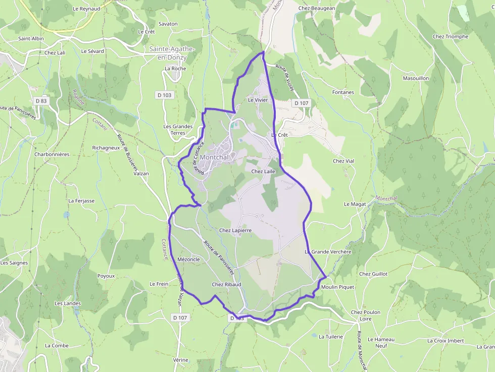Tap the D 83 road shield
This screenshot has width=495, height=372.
click(41, 101)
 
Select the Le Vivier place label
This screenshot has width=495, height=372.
click(258, 100)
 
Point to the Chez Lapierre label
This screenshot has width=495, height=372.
click(235, 230)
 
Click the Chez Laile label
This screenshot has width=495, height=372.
click(263, 172)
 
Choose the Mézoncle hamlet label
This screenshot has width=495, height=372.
click(189, 259)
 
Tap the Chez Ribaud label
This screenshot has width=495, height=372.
click(226, 285)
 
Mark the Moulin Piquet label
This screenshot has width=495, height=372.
click(337, 287)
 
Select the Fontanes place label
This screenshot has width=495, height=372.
click(343, 92)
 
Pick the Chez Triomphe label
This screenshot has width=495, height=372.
click(451, 36)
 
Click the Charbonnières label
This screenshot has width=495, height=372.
click(52, 154)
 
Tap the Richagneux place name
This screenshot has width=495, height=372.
click(106, 148)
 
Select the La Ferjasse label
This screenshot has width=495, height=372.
click(81, 201)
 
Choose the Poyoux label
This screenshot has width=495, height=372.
click(106, 276)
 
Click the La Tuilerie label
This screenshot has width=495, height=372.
click(331, 337)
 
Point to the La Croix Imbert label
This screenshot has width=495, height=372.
click(445, 341)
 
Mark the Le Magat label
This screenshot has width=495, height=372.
click(355, 204)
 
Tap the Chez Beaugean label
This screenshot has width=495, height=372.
click(317, 8)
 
